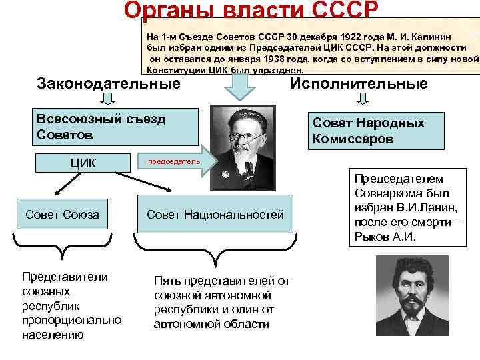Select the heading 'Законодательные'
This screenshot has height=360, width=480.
tap(109, 84)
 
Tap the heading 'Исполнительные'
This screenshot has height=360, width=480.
tap(359, 84)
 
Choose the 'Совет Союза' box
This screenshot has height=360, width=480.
tap(62, 214)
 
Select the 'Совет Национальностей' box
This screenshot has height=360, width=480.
tap(215, 214)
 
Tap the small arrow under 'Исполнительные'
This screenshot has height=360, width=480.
tap(363, 99)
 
